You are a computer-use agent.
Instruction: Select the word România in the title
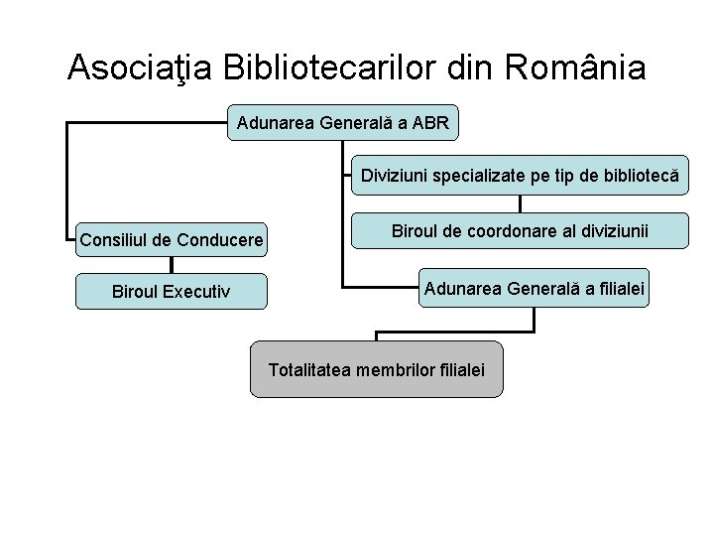(x=575, y=67)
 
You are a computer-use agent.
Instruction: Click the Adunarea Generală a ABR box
(x=343, y=123)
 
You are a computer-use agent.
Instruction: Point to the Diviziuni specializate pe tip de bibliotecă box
(x=520, y=176)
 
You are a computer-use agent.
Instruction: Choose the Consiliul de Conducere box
(x=172, y=239)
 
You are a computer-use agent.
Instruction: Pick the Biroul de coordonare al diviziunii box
(x=520, y=230)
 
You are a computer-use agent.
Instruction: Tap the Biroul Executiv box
(x=172, y=292)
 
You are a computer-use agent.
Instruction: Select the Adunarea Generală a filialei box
(x=534, y=288)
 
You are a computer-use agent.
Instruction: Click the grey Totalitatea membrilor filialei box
(x=376, y=369)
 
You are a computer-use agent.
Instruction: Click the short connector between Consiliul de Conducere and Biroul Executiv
(x=172, y=265)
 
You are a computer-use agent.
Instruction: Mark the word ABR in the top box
(x=430, y=124)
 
